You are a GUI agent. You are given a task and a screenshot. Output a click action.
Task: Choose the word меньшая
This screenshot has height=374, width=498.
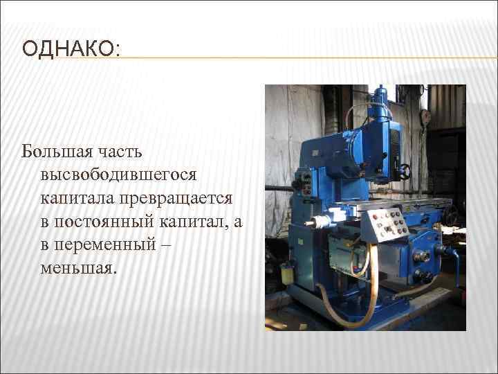pos(75,268)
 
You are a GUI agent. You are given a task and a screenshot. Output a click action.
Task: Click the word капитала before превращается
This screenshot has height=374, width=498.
pos(77,197)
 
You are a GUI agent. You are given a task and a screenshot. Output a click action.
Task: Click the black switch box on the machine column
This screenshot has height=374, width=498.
pos(302,184)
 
